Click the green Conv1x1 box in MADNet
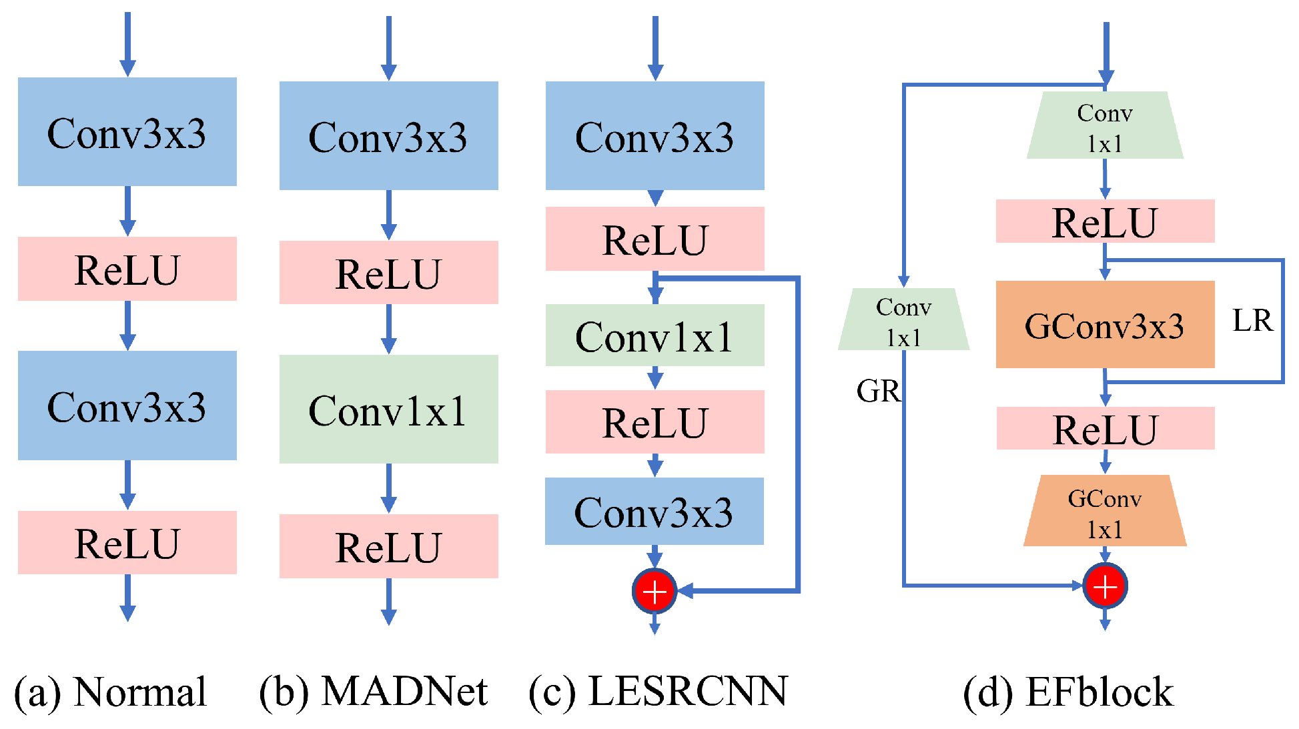(388, 409)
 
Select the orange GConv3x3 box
(1104, 325)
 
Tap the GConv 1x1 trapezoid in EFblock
(1104, 512)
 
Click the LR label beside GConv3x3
(1252, 321)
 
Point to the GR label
(877, 392)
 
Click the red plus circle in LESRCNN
(655, 591)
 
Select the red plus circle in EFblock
(1105, 586)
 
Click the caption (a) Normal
(110, 692)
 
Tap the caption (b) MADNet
(374, 692)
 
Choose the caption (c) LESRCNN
(658, 692)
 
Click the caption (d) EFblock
(1067, 692)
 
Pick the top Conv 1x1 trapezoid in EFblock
(1104, 126)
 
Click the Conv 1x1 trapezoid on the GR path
(903, 320)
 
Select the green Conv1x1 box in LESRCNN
(655, 335)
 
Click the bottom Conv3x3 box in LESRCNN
(654, 512)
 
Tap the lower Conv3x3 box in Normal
(127, 406)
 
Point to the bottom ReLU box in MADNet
(388, 546)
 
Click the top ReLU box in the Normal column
(127, 269)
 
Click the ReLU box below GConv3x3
(1105, 428)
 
